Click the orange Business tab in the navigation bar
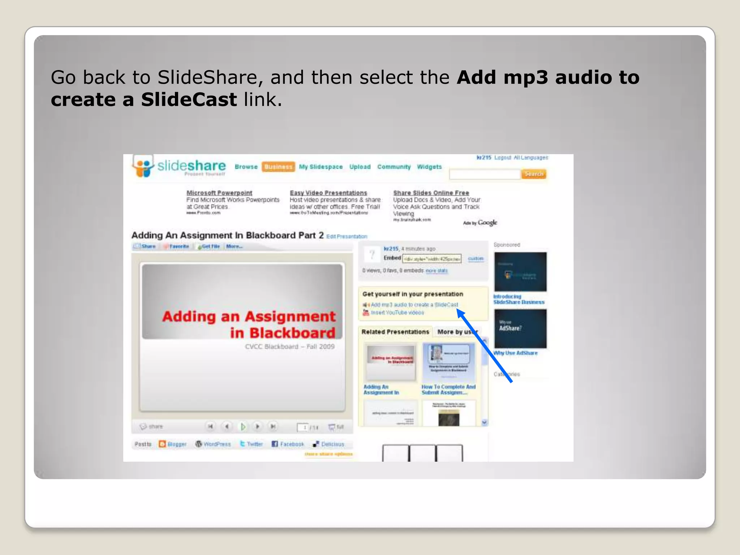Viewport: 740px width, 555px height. point(278,167)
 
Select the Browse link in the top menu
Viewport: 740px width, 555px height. point(246,167)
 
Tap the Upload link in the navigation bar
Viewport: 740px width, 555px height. point(360,167)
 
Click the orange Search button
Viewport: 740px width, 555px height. point(534,174)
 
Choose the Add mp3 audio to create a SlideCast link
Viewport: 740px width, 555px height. point(414,305)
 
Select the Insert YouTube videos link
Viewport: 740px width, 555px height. point(397,313)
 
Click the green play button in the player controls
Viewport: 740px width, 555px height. point(243,427)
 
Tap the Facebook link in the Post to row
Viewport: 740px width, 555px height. point(292,444)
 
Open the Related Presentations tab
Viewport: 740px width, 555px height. point(395,332)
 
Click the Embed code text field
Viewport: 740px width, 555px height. point(432,259)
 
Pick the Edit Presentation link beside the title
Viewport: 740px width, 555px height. point(347,236)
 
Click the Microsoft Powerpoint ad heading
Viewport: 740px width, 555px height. point(219,193)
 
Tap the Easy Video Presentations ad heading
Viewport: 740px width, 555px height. point(328,193)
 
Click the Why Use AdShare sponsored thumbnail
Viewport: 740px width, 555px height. point(520,328)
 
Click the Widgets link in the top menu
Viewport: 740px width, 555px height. point(429,167)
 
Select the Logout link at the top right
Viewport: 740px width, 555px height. point(503,158)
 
